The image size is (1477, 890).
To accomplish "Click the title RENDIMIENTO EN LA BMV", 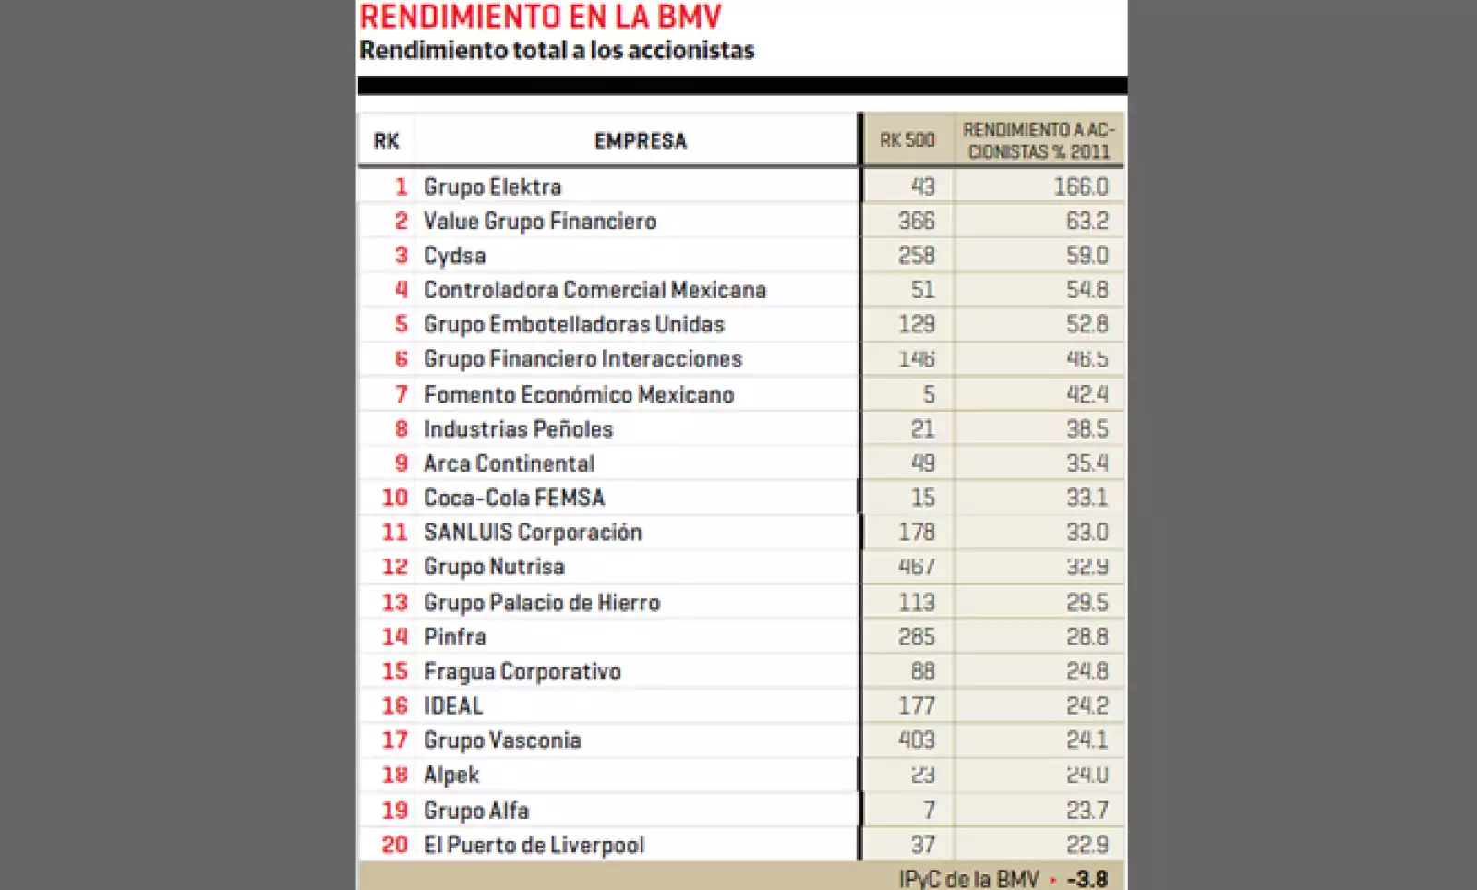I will (x=540, y=17).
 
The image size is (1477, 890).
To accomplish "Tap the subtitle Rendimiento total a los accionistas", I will (x=557, y=50).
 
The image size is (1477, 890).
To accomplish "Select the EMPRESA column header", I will (x=640, y=141).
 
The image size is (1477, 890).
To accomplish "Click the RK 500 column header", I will (x=907, y=140).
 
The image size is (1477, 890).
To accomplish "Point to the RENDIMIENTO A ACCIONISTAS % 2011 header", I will (x=1039, y=140).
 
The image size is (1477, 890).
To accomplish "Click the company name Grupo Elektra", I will (x=492, y=186).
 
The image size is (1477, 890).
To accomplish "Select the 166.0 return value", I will (x=1080, y=186).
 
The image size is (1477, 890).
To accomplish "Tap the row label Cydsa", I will (x=454, y=256).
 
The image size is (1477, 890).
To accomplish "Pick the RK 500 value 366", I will (x=916, y=222).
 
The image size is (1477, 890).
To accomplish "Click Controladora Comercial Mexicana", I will (x=594, y=290).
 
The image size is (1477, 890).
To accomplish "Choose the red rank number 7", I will (x=401, y=394).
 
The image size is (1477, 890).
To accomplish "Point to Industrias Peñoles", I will (x=518, y=429).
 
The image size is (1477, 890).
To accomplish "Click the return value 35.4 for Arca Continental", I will (x=1087, y=463).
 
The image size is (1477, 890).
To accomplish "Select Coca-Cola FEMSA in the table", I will (x=513, y=498).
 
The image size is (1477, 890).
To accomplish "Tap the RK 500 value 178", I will (x=916, y=533).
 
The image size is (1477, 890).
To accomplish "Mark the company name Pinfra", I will (x=454, y=637).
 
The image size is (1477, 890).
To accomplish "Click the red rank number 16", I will (x=394, y=706).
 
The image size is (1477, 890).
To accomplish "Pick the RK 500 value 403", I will (x=916, y=740).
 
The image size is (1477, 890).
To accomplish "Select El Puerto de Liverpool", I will (x=534, y=845).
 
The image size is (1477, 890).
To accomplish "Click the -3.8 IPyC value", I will (x=1087, y=879).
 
